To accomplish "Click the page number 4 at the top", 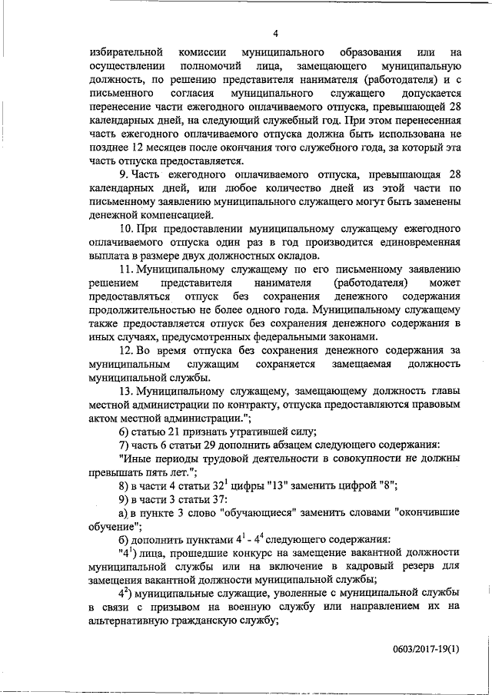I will [274, 33].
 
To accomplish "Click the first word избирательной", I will [125, 53].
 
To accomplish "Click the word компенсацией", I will [170, 216].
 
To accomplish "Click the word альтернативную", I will [125, 621].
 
